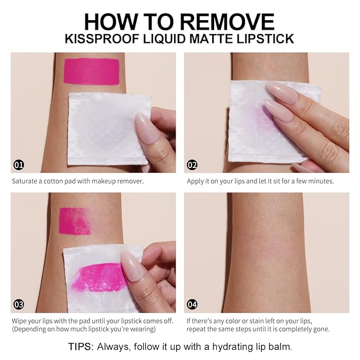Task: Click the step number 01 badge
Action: coord(19,165)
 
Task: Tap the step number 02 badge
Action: coord(192,165)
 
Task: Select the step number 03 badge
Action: coord(19,304)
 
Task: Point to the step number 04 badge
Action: coord(192,304)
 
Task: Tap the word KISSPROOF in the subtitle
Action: coord(102,39)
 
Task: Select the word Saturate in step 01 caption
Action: coord(24,181)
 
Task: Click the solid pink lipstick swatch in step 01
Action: coord(91,72)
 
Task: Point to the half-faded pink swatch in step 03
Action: coord(75,221)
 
